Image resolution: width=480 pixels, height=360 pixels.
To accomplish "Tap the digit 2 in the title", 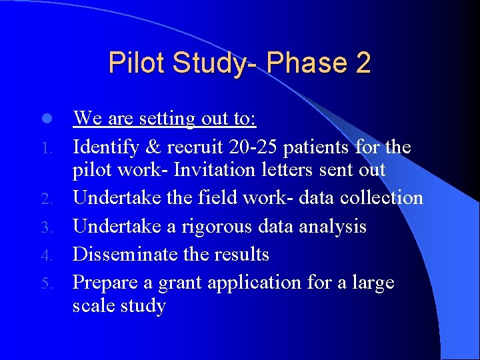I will tap(363, 63).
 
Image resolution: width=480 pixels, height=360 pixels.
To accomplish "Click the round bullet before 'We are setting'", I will tap(45, 119).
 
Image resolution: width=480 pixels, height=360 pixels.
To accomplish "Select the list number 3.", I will tap(46, 228).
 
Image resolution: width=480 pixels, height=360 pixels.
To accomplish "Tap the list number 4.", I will tap(46, 256).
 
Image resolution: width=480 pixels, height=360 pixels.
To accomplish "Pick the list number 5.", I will tap(46, 284).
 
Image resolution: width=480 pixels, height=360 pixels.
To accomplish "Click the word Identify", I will tap(103, 147).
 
